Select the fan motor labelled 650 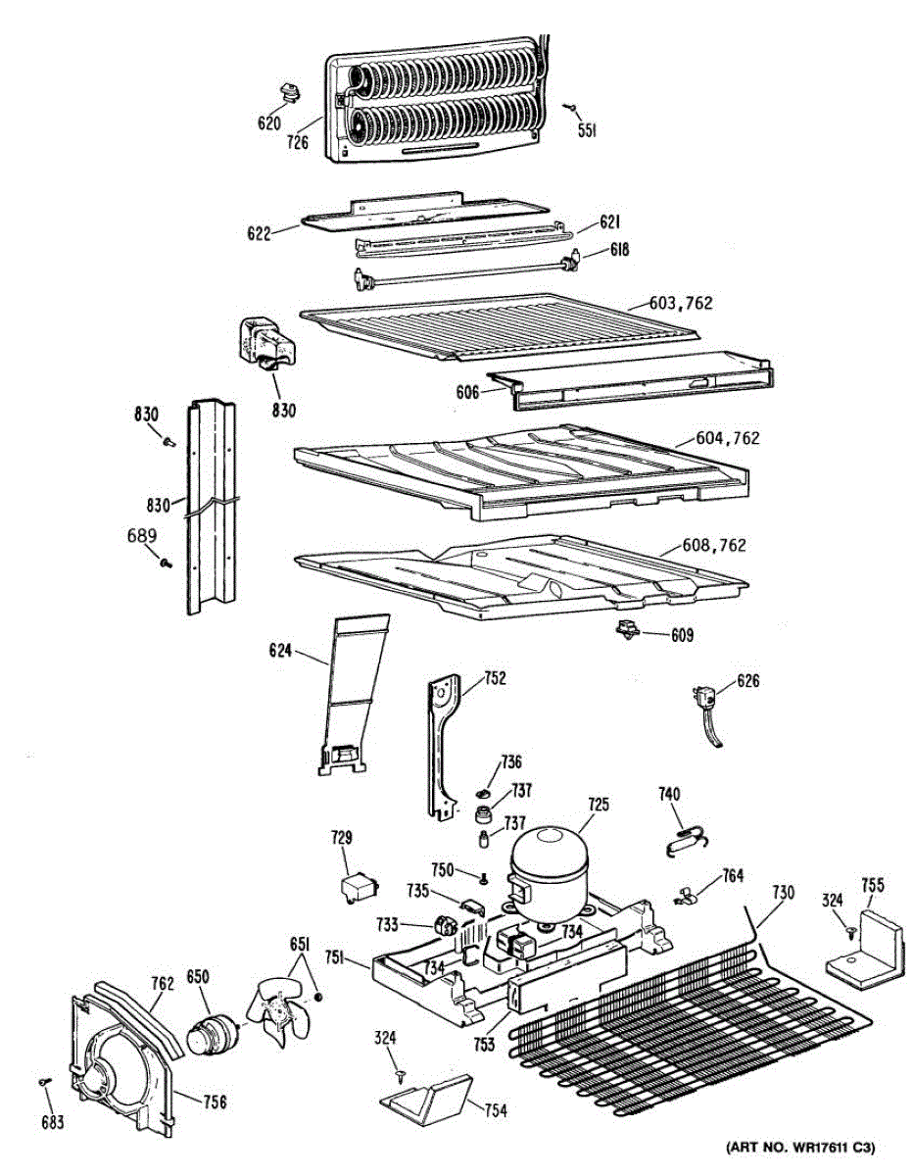point(212,1035)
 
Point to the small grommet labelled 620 point(288,93)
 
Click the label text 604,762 point(727,438)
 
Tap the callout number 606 point(468,392)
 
